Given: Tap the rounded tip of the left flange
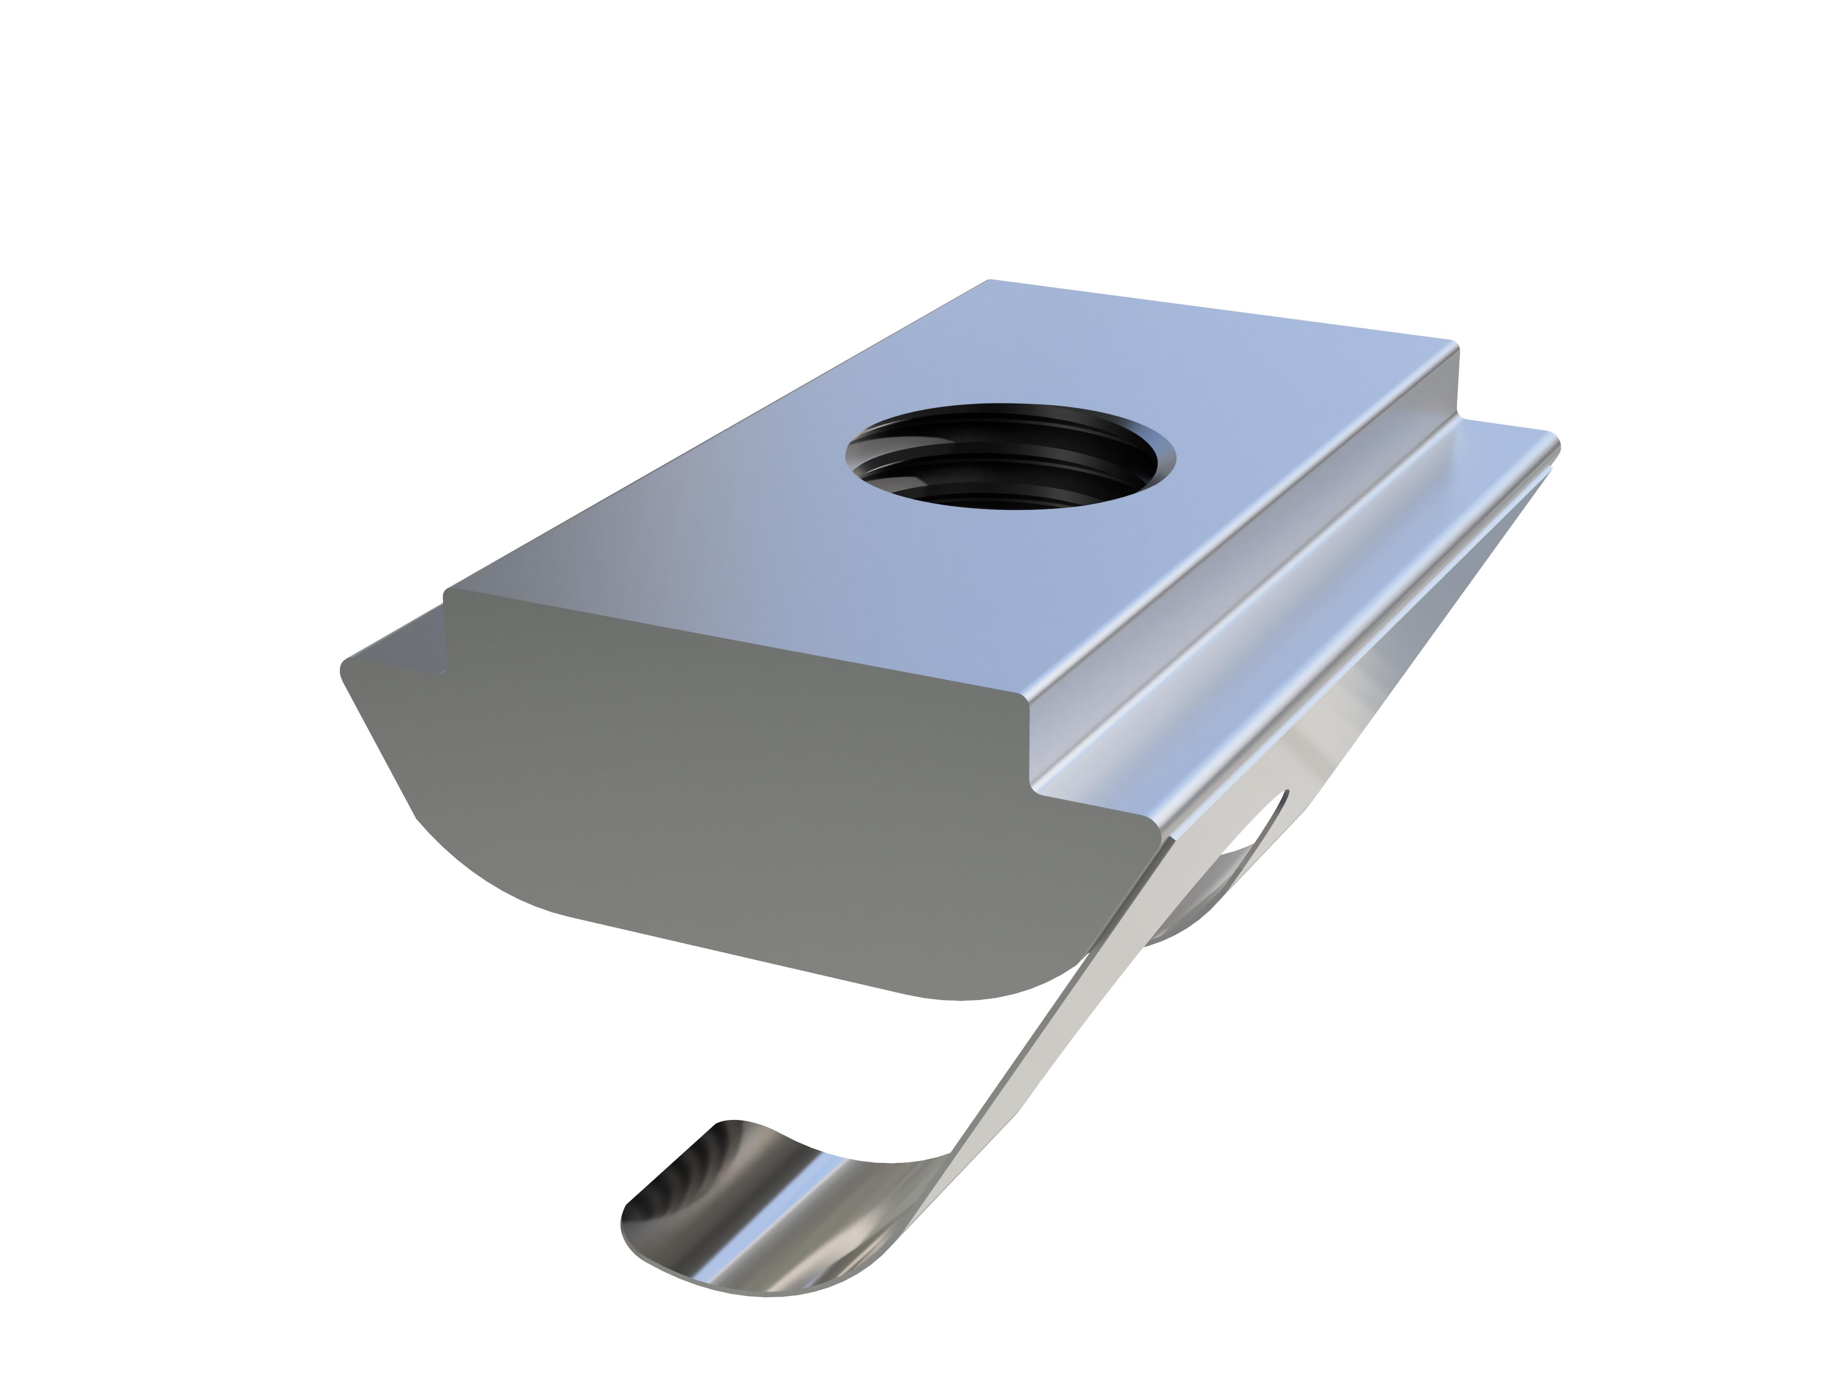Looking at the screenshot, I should [346, 672].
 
